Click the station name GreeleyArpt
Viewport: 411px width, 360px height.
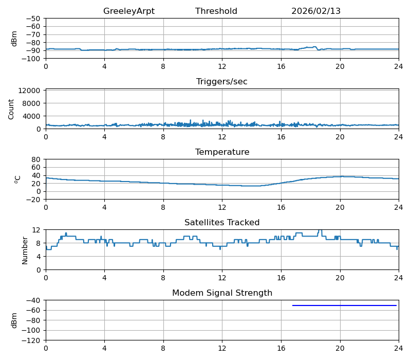(x=128, y=11)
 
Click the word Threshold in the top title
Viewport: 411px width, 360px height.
(x=216, y=11)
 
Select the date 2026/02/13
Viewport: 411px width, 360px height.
(x=315, y=11)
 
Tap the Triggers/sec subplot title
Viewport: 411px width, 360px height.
(x=221, y=82)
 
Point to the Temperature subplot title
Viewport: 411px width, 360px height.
(x=222, y=152)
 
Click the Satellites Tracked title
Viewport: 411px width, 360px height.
(x=222, y=223)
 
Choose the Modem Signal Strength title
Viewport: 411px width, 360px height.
(x=222, y=293)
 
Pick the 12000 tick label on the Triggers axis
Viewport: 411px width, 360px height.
(x=30, y=91)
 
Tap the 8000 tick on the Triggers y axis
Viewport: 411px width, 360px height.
(x=32, y=103)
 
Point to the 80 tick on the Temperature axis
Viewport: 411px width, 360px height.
(x=36, y=159)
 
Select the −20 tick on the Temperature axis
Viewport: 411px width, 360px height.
(x=34, y=200)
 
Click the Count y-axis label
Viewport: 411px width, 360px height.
(x=11, y=109)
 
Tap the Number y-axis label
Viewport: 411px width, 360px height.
(x=25, y=250)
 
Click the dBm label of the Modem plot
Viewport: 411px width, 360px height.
(x=14, y=320)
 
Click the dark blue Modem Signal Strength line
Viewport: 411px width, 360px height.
(x=344, y=305)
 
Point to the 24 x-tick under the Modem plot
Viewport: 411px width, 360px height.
(x=398, y=349)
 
